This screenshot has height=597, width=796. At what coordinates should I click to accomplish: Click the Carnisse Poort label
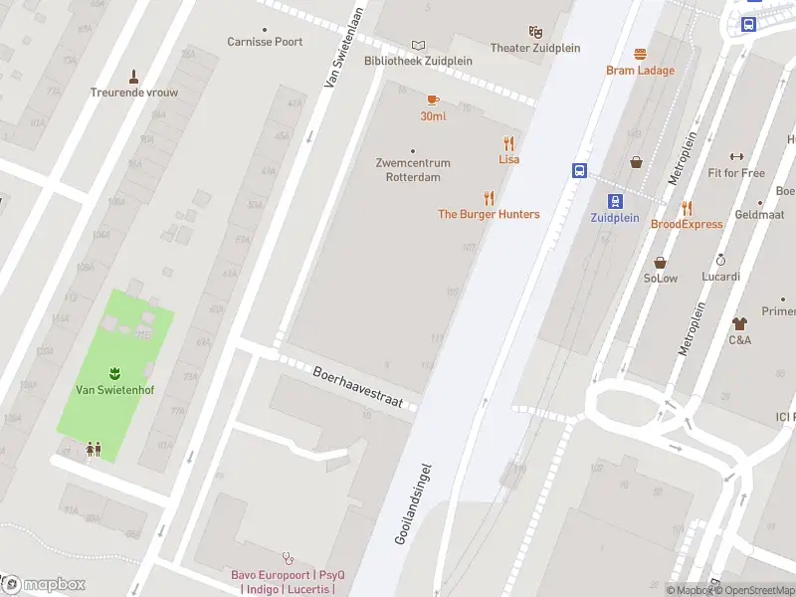coord(265,42)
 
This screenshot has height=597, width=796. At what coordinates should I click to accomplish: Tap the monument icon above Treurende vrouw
coord(133,77)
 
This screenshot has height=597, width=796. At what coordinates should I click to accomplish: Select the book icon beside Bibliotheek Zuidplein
coord(418,45)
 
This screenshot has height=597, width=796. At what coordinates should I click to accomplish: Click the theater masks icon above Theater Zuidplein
coord(535,33)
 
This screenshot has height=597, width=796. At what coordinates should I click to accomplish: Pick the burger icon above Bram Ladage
coord(640,55)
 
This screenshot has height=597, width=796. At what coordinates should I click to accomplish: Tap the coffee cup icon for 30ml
coord(433,100)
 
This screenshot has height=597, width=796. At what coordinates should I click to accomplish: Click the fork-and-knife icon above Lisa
coord(508,143)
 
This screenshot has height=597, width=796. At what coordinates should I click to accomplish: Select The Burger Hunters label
coord(489,214)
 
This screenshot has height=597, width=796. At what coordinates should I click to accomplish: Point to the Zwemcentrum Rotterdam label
coord(413,170)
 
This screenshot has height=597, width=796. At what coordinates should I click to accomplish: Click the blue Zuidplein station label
coord(614,217)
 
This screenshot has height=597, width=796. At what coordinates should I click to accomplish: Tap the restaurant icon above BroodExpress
coord(687,208)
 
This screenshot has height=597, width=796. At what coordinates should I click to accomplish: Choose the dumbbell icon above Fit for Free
coord(736,156)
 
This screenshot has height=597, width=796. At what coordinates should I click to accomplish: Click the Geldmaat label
coord(758,214)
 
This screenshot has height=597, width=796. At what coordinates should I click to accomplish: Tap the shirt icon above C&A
coord(739,323)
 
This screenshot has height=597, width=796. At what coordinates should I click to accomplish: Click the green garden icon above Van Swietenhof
coord(114,372)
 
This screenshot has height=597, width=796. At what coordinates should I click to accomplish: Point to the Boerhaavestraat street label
coord(357,387)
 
